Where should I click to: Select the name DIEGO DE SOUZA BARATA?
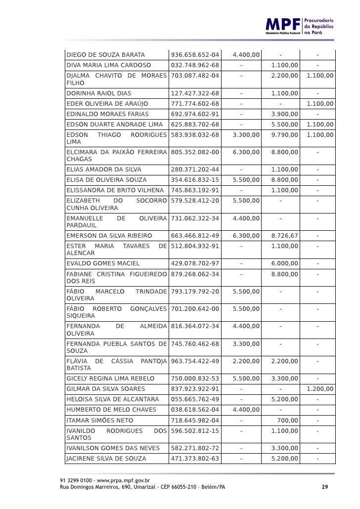point(105,54)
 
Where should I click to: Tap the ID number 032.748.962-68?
point(195,65)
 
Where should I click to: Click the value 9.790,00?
point(284,134)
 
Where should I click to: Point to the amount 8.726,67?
point(284,235)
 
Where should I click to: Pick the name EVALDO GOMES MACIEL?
point(103,263)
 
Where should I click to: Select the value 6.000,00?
point(284,263)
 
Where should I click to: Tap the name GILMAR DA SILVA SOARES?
point(106,389)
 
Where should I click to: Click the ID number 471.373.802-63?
point(195,459)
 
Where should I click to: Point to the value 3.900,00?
point(284,114)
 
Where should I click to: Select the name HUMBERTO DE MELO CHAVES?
point(111,410)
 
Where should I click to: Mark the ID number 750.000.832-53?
point(195,379)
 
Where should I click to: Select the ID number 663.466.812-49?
point(195,235)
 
